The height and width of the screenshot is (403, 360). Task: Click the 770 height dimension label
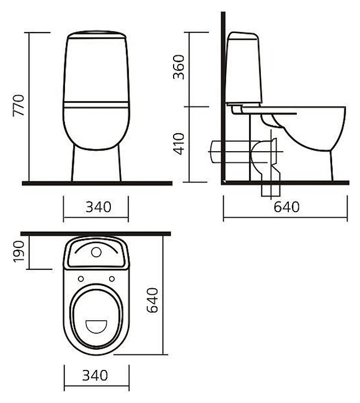tap(18, 105)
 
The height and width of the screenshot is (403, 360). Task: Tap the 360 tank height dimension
tap(179, 67)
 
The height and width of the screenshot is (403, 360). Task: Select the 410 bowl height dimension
tap(179, 144)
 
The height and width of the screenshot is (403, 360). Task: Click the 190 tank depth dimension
tap(18, 251)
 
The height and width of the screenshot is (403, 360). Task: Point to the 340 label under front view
tap(98, 207)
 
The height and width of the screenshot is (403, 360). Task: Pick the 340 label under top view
tap(95, 376)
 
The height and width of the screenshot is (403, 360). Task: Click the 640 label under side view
tap(287, 207)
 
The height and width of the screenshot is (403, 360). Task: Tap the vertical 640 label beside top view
tap(152, 300)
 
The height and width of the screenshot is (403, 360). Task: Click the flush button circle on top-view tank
tap(96, 252)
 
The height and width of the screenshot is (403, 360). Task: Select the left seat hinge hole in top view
tap(81, 279)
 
